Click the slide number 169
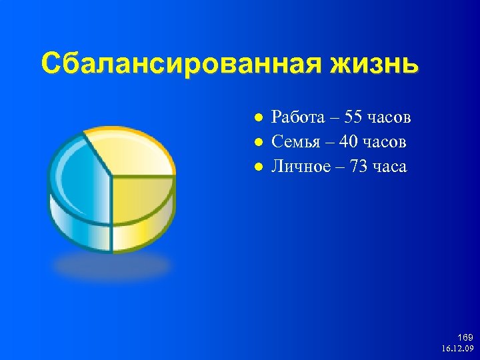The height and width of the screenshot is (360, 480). pyautogui.click(x=465, y=338)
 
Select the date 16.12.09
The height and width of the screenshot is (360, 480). pyautogui.click(x=457, y=349)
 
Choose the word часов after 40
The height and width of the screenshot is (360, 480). pyautogui.click(x=385, y=142)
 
